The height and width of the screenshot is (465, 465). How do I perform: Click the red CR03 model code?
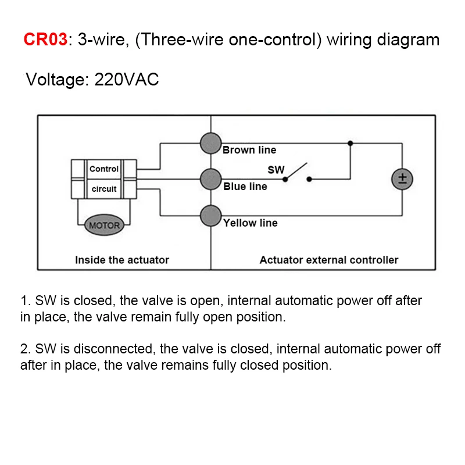click(45, 40)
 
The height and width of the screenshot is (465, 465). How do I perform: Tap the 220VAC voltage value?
click(126, 80)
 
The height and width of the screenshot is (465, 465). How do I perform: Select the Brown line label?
click(249, 150)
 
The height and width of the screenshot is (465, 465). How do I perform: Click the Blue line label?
click(245, 187)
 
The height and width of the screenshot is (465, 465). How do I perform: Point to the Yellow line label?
click(251, 223)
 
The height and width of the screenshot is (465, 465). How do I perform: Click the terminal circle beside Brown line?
click(210, 142)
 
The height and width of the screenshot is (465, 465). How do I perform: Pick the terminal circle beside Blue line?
click(210, 178)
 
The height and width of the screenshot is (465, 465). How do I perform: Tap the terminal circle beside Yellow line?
click(210, 216)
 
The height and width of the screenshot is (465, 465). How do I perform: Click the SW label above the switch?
click(276, 170)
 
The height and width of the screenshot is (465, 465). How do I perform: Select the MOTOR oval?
click(105, 226)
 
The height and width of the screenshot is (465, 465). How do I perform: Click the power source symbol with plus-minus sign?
click(402, 179)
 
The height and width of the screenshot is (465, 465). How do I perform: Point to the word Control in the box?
click(104, 169)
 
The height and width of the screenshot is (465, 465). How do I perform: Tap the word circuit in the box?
click(104, 189)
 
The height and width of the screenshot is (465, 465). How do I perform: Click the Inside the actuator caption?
click(122, 260)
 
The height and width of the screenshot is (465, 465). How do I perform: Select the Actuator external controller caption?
click(329, 260)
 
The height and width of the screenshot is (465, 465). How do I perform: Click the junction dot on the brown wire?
click(350, 142)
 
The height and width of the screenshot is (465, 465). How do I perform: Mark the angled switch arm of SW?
click(296, 171)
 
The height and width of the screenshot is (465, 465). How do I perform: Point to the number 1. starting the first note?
click(25, 301)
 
